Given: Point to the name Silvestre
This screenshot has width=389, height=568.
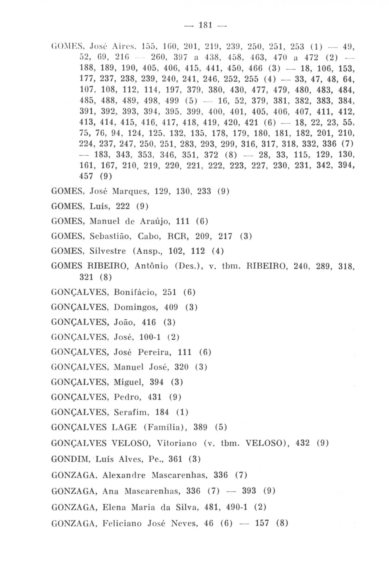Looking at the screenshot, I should (x=108, y=251).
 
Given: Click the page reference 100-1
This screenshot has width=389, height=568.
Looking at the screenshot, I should (x=150, y=337).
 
